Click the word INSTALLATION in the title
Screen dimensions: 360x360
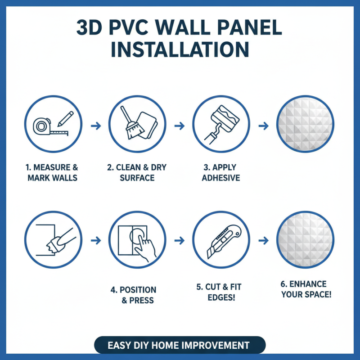tap(180, 49)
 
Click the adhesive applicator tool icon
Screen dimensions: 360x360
tap(221, 120)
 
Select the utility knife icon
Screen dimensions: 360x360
tap(224, 240)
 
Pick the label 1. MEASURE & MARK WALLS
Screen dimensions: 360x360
tap(52, 172)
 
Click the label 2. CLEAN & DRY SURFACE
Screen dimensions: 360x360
tap(137, 172)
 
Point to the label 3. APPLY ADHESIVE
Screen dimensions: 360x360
tap(220, 172)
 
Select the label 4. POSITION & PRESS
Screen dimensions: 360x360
tap(133, 295)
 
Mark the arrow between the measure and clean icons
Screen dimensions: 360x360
tap(95, 126)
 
